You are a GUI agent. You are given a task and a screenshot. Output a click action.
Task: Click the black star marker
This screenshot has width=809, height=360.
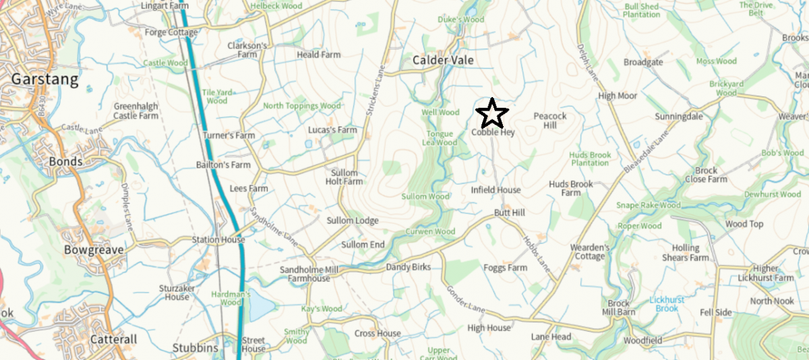(492, 114)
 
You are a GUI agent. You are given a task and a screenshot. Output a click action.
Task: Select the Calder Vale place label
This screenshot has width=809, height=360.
(443, 61)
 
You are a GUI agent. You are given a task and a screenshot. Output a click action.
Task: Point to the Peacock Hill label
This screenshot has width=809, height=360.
(550, 121)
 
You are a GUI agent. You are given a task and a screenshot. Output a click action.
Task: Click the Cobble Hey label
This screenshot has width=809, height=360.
(493, 133)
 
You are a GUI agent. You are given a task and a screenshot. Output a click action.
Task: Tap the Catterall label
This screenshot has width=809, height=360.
(95, 339)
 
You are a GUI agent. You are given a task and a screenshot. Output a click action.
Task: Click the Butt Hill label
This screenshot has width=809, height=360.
(509, 213)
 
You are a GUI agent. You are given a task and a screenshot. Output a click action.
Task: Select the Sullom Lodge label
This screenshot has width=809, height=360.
(353, 221)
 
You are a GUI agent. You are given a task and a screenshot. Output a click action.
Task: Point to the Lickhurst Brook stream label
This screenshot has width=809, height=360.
(667, 303)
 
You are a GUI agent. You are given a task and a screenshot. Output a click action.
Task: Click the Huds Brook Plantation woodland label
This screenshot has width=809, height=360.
(591, 159)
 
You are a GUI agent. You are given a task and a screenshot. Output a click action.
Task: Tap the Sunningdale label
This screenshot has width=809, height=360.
(679, 117)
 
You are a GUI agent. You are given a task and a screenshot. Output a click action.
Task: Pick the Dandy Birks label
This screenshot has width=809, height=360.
(408, 268)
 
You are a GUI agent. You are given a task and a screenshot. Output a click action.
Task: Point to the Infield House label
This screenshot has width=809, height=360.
(496, 190)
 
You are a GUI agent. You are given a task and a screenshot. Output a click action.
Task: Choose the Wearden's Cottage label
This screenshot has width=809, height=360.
(589, 251)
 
